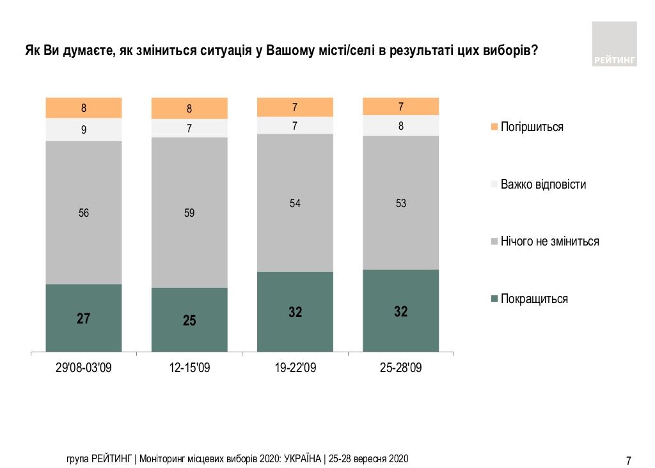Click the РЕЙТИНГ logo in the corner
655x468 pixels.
click(614, 44)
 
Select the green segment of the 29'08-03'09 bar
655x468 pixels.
click(84, 318)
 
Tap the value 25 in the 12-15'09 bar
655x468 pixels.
click(189, 320)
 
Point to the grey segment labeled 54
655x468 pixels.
click(295, 203)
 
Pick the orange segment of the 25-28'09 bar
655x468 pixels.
click(400, 106)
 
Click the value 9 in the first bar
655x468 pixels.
click(84, 130)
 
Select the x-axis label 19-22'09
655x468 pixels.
click(295, 368)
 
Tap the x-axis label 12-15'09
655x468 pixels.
click(189, 368)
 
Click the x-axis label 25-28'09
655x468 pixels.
click(400, 368)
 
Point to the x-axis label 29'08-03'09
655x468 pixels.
click(84, 368)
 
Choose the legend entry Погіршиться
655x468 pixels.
click(532, 127)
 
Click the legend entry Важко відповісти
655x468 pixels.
click(542, 184)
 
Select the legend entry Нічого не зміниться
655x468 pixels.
click(549, 241)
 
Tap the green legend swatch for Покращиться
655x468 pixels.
click(494, 299)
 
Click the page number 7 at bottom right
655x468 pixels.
click(628, 460)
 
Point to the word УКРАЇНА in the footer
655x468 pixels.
click(300, 458)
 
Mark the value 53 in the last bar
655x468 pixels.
click(400, 203)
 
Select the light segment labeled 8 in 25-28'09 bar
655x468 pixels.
click(400, 126)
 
